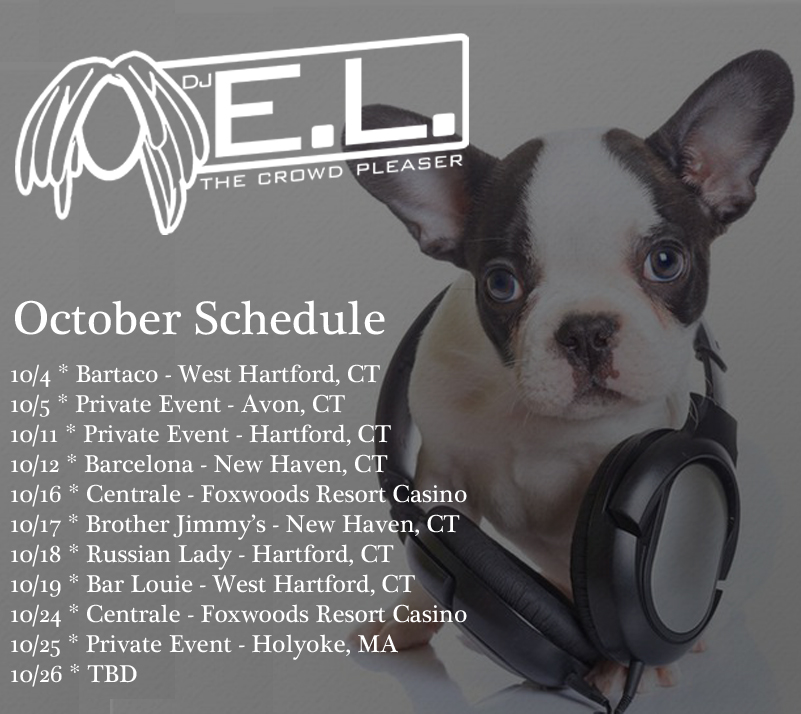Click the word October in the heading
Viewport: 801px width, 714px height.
tap(97, 318)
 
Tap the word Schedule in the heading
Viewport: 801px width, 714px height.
tap(290, 318)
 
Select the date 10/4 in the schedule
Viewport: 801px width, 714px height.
tap(31, 375)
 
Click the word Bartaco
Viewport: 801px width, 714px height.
tap(117, 374)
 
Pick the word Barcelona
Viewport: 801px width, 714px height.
tap(139, 464)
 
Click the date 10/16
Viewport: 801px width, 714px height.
tap(36, 494)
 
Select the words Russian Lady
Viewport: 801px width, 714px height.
tap(159, 555)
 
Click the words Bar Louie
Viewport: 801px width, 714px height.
tap(139, 584)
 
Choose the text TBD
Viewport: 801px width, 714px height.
tap(112, 674)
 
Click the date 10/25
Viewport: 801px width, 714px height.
tap(36, 645)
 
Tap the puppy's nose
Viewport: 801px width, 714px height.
tap(587, 337)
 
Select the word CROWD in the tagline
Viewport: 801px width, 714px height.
tap(299, 176)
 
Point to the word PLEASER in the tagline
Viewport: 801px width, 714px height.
tap(409, 165)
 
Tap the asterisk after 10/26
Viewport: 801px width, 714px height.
tap(75, 669)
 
